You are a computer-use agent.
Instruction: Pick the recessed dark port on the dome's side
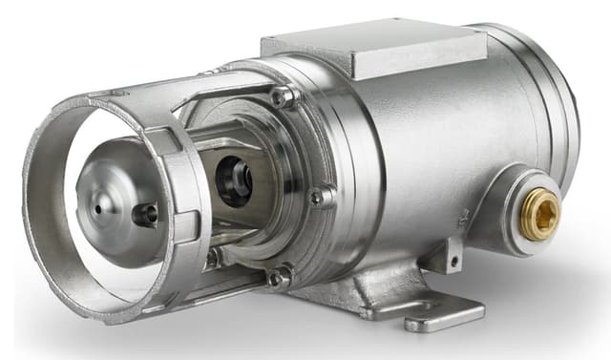click(x=145, y=215)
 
